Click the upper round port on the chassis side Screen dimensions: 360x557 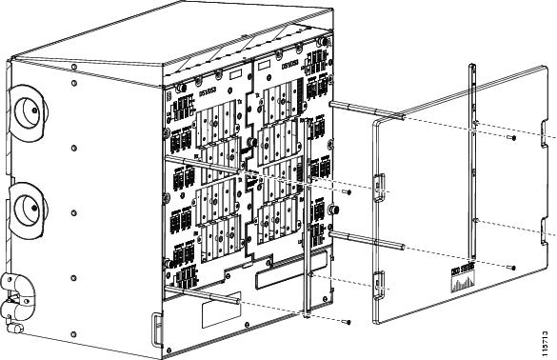(x=26, y=111)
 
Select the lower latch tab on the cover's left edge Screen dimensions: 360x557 (x=377, y=282)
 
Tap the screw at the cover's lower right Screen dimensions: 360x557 (x=512, y=268)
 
